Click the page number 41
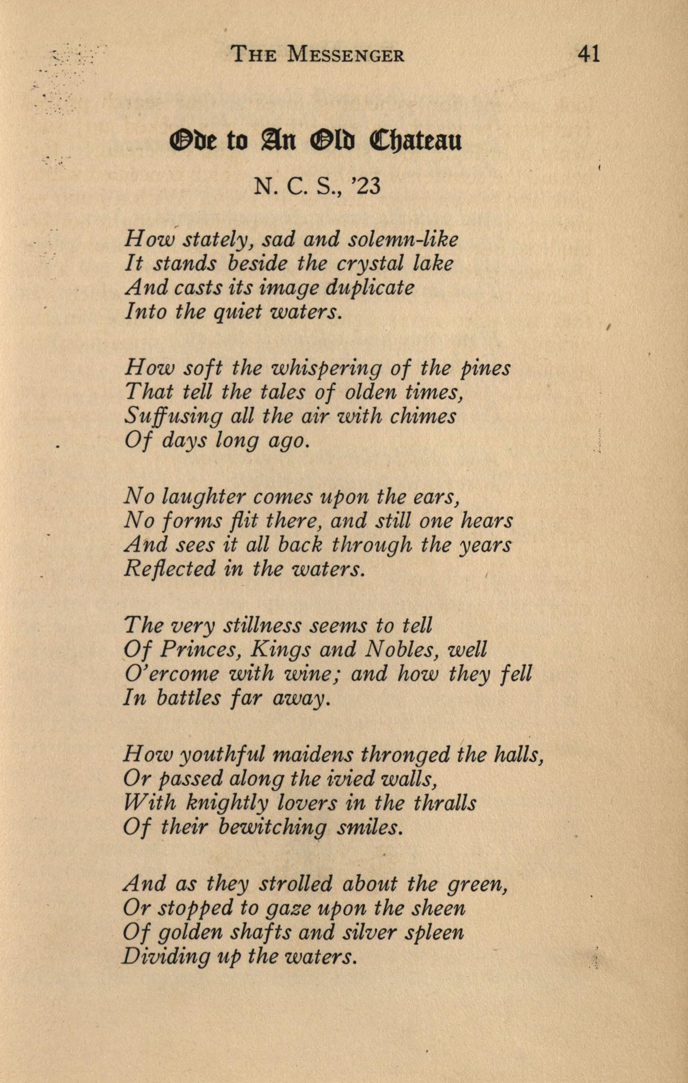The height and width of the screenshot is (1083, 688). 589,54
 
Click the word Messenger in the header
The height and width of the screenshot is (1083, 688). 346,55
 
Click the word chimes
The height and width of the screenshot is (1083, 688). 423,417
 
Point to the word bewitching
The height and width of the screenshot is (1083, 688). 273,827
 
